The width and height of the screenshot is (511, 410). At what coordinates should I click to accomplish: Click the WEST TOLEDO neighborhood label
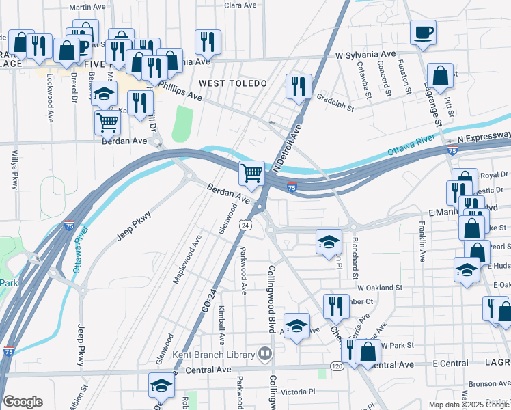232,83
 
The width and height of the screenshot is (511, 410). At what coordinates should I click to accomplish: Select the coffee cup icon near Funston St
423,33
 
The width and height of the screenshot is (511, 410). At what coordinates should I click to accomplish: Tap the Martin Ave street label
87,7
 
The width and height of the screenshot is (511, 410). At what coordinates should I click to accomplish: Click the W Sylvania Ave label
365,54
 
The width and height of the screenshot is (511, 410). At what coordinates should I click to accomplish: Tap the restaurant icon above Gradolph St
299,86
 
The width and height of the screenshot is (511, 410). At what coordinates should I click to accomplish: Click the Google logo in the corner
23,402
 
